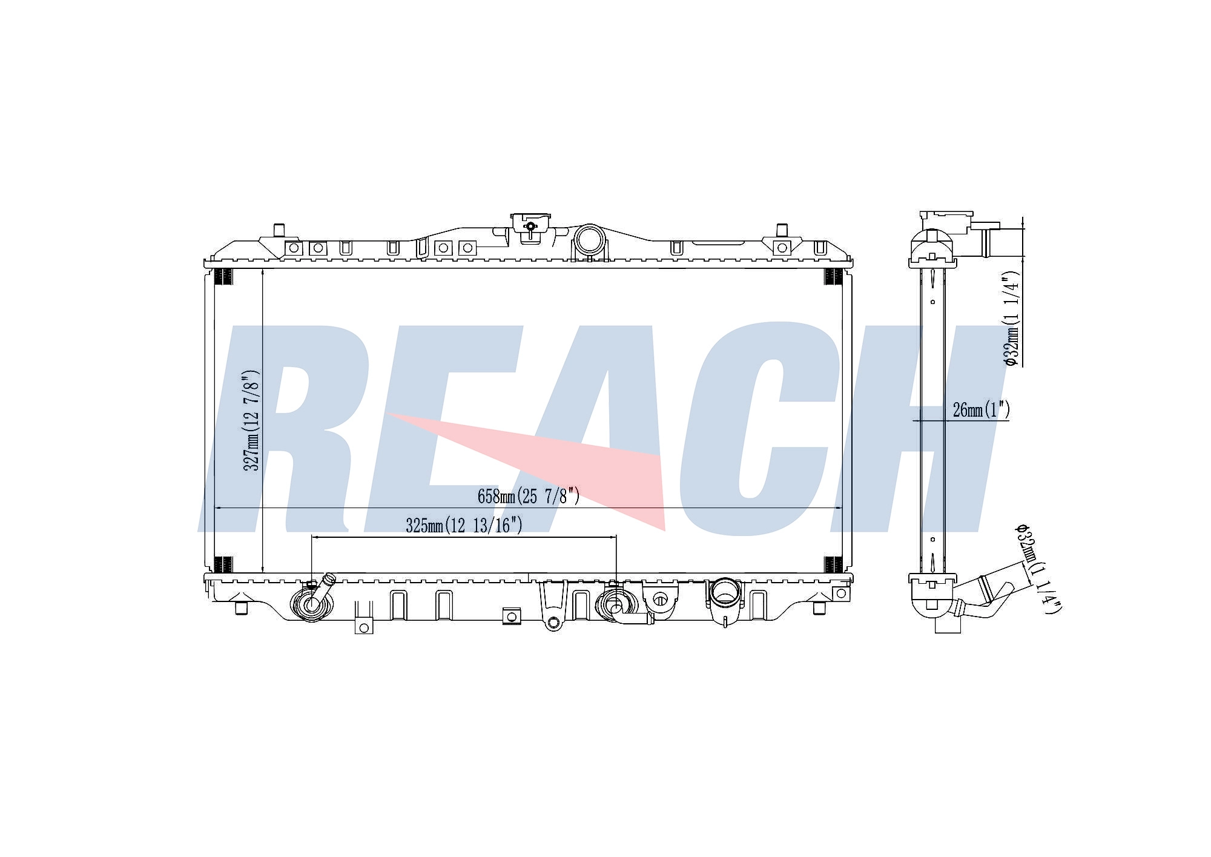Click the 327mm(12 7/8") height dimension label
[251, 420]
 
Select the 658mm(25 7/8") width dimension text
[529, 496]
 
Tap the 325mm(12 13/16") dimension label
[464, 525]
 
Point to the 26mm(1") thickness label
[981, 410]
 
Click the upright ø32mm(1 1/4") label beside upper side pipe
[1011, 318]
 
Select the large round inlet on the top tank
[589, 240]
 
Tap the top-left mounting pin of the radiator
[279, 231]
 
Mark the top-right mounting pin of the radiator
[782, 231]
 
